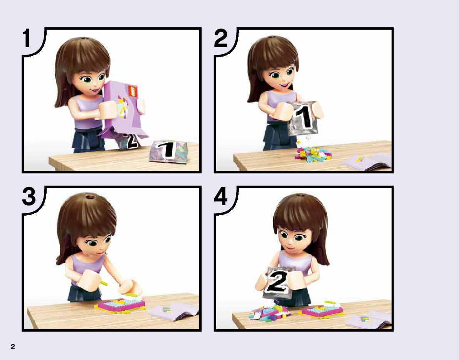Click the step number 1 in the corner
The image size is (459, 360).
tap(27, 38)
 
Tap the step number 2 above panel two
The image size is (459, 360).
tap(221, 39)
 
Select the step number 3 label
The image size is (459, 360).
tap(29, 196)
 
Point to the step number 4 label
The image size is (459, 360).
tap(221, 197)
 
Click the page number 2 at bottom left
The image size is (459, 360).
tap(13, 347)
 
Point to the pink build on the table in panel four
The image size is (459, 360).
tap(321, 310)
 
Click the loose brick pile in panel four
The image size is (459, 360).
tap(269, 312)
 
